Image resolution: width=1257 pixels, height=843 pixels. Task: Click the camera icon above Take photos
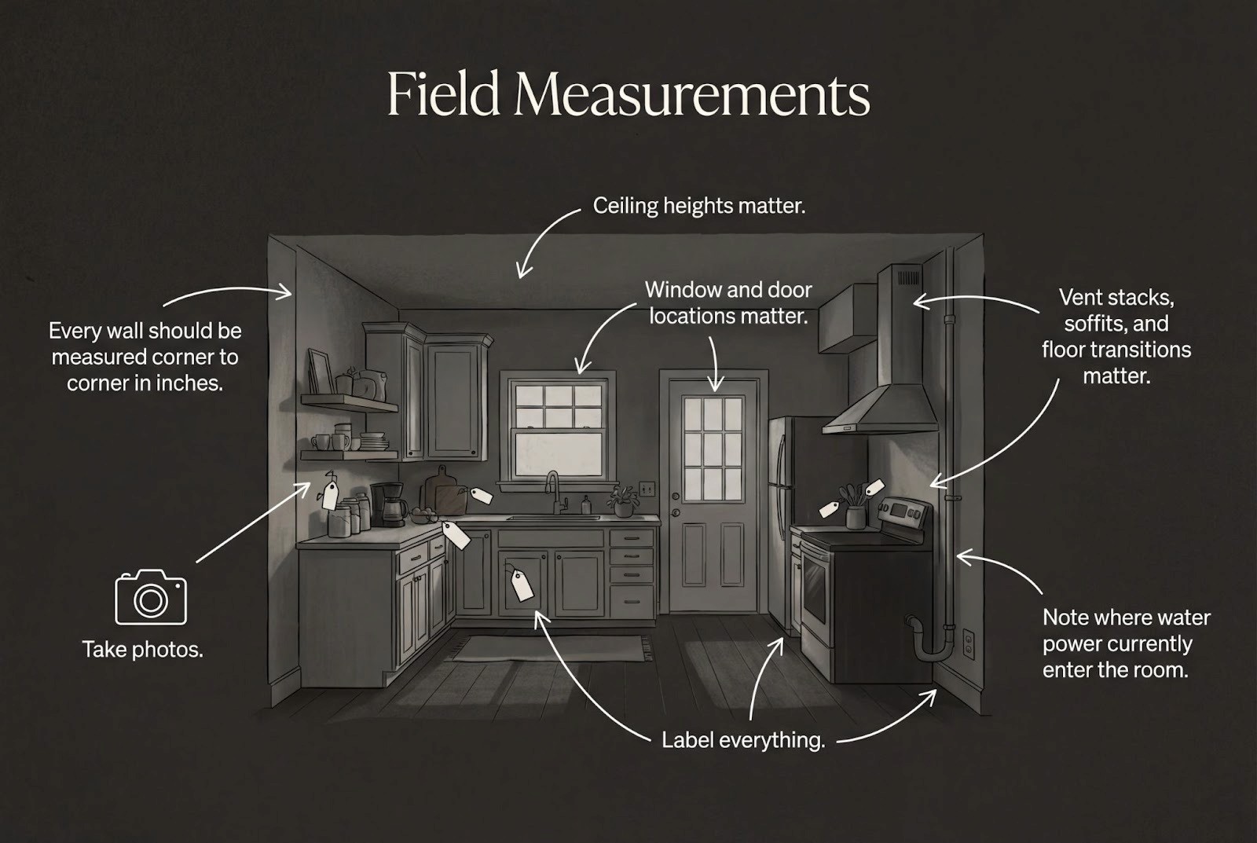151,598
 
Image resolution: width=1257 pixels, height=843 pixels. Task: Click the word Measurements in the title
691,96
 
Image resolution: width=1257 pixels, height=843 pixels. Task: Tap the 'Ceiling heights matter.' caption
698,207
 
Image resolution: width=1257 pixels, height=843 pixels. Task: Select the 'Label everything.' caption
742,740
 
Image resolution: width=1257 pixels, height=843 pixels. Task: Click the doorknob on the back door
675,497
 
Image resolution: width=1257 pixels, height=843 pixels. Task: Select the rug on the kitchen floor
549,648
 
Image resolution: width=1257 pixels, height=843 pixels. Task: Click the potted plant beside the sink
623,500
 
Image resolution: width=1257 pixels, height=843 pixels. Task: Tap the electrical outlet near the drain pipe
968,644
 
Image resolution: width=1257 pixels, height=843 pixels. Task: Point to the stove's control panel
904,511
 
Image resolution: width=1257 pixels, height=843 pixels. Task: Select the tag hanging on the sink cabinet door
521,585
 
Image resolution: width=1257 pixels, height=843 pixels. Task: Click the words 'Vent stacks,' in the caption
1116,298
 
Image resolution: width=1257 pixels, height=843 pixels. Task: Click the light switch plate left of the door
646,489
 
